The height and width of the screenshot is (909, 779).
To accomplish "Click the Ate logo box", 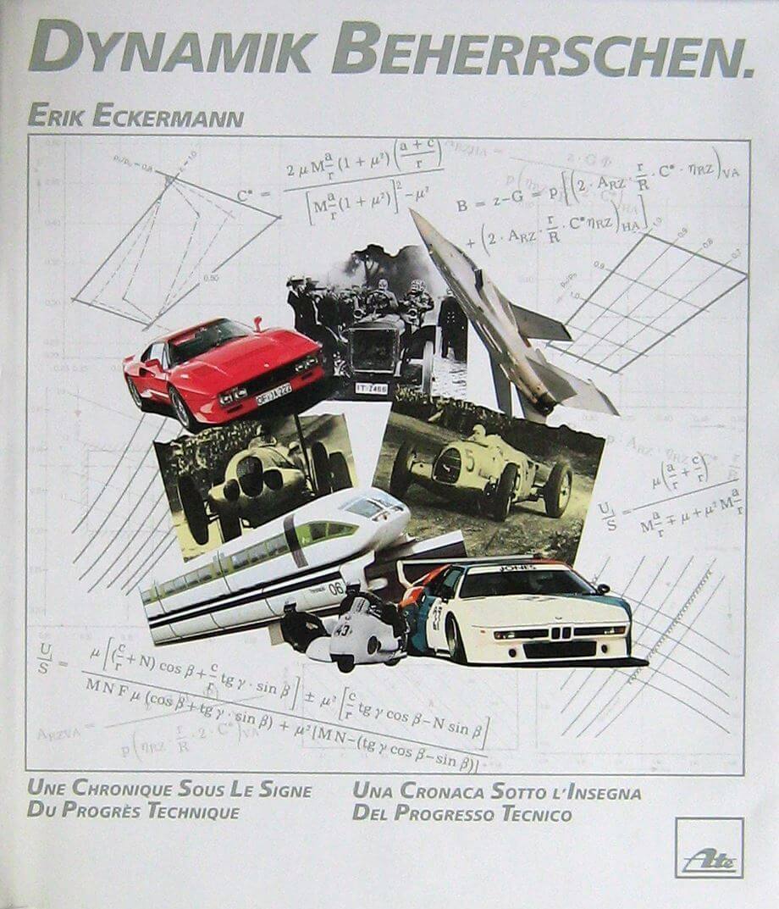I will [709, 847].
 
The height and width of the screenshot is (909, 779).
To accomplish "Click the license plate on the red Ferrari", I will [273, 394].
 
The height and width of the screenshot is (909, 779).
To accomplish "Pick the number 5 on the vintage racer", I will [468, 460].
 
